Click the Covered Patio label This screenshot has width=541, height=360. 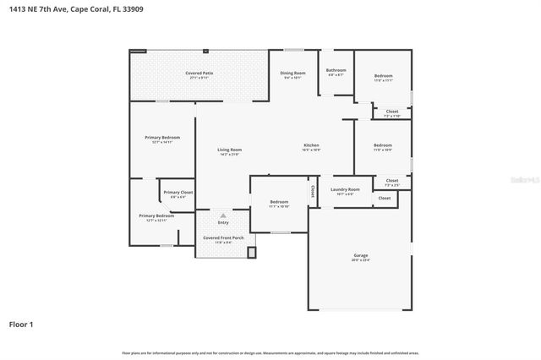pos(199,74)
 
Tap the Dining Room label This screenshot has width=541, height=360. pos(292,74)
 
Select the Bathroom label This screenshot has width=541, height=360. pos(336,70)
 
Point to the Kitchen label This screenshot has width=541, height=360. pos(311,145)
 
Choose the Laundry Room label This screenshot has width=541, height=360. pos(345,189)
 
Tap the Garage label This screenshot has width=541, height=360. pos(360,254)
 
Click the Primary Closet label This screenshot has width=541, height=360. pos(178,193)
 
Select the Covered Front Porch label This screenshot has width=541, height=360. pos(223,237)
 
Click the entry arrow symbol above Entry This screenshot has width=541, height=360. pos(223,215)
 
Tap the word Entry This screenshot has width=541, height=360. pos(223,222)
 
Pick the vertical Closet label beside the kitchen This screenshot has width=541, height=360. pos(313,190)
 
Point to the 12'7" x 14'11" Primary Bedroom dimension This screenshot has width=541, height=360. pos(162,142)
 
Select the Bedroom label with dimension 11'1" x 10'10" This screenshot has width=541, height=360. pos(279,202)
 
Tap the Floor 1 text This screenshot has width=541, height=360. pos(22,324)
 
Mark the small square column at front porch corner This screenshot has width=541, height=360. pos(251,251)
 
